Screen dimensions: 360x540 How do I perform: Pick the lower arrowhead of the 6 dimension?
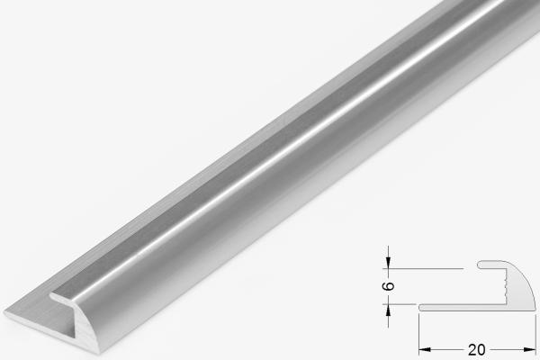point(389,308)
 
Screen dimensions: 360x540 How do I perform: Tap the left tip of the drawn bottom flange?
point(421,306)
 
